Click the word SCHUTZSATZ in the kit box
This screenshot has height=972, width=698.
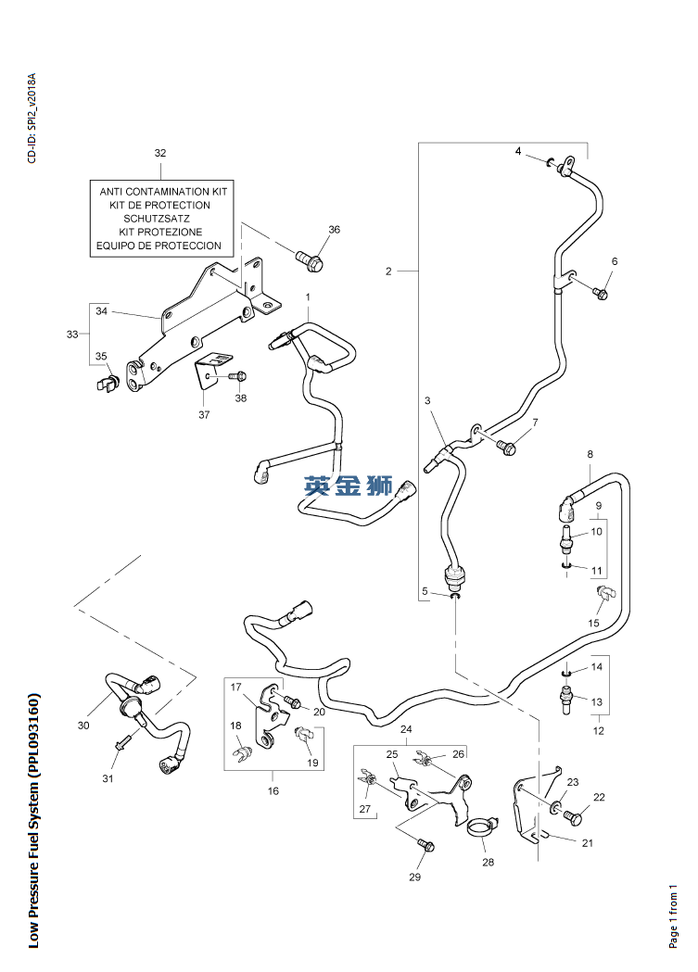pos(157,219)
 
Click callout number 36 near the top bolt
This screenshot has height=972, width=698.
pos(334,230)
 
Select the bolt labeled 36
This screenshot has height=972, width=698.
pos(310,261)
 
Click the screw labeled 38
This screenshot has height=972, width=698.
pos(238,375)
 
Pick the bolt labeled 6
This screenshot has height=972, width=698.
pos(600,293)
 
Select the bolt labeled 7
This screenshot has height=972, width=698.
pos(505,447)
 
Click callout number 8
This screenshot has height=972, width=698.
pos(590,454)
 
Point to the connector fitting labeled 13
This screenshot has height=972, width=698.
pos(566,700)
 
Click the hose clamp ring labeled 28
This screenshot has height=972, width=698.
pos(482,827)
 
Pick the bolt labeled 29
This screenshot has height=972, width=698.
pos(425,845)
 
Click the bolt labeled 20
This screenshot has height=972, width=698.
pos(292,702)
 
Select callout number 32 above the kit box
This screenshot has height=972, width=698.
pos(160,153)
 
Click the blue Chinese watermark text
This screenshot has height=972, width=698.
pos(349,486)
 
